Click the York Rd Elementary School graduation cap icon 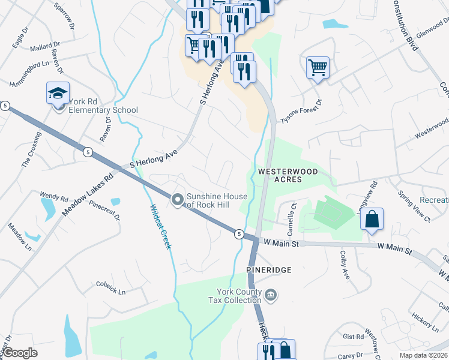58,94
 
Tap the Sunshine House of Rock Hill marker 177,200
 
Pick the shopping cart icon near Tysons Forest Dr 318,67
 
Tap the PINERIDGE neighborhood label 269,271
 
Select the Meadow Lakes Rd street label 87,195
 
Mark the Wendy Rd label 54,196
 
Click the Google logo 20,353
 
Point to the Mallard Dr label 45,46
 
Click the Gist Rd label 353,337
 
